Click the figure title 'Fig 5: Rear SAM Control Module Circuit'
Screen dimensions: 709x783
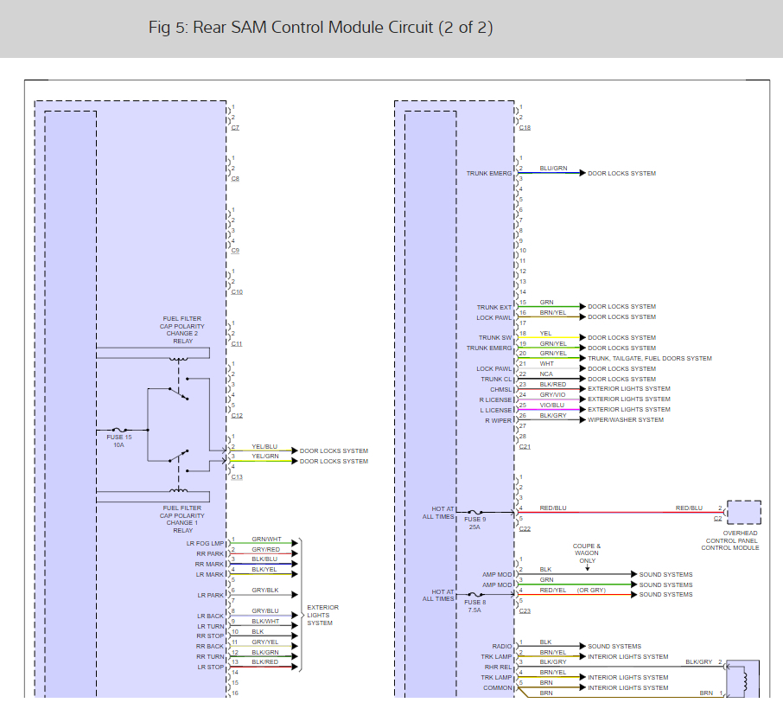[x=321, y=28]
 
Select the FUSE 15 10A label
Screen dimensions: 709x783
[x=118, y=441]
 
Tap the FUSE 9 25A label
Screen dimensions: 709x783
[x=474, y=522]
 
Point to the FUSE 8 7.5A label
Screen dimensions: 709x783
[x=474, y=605]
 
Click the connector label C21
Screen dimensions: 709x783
[x=525, y=446]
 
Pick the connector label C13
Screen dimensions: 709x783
[x=236, y=476]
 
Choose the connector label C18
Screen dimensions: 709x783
[x=525, y=127]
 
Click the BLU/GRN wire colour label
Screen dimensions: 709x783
[x=553, y=168]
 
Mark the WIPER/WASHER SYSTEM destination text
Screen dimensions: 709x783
[x=626, y=420]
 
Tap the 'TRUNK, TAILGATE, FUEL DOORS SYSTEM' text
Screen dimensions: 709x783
[x=650, y=358]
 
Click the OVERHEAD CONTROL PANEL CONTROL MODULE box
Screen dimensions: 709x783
[x=743, y=513]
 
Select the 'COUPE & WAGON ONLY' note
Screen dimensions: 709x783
[x=586, y=553]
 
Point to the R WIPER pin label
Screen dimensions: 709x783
[x=498, y=421]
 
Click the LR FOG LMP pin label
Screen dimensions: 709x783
[x=205, y=543]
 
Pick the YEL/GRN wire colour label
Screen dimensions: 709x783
[x=265, y=456]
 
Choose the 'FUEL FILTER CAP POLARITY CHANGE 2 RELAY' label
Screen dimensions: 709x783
[x=182, y=329]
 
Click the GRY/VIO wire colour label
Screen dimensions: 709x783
[x=552, y=394]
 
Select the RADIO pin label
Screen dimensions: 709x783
[x=502, y=646]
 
